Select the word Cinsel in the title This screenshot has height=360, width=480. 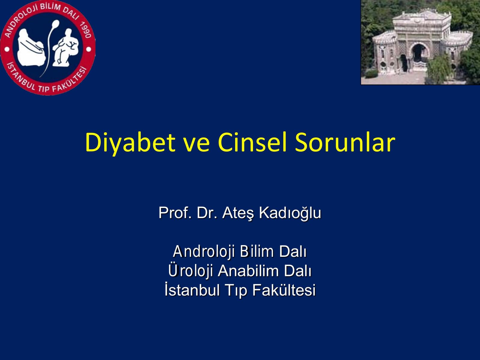(252, 142)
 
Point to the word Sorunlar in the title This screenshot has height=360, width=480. (345, 142)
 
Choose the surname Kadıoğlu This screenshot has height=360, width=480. (290, 213)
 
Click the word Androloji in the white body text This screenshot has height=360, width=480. (204, 252)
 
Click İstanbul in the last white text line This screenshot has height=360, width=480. (192, 289)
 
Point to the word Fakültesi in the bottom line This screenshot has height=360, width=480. (284, 290)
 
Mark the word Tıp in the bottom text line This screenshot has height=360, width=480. (236, 291)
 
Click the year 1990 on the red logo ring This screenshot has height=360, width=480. (85, 29)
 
